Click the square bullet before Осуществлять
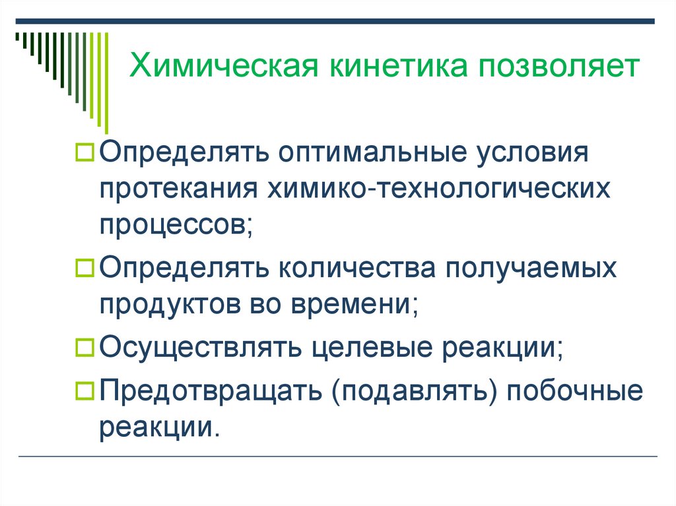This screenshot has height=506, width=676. [x=86, y=346]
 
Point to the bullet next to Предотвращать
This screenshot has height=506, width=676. [x=86, y=390]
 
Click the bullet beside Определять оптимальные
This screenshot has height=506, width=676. [x=86, y=153]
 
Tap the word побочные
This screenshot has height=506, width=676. [x=575, y=391]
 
